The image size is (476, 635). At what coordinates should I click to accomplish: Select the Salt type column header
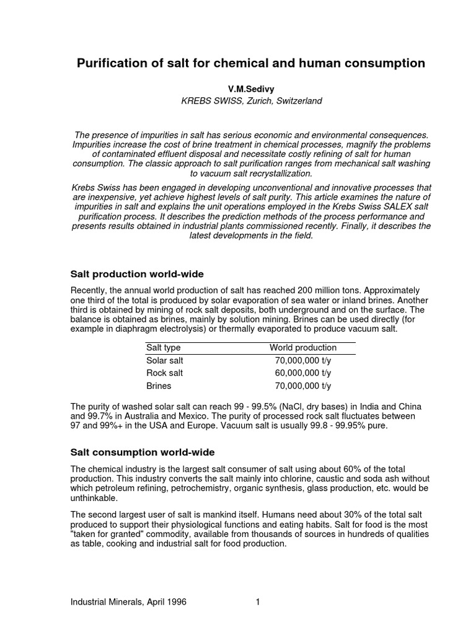(x=164, y=348)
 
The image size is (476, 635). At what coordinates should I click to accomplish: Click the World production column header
(x=302, y=348)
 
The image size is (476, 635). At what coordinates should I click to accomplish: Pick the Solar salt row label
(x=165, y=360)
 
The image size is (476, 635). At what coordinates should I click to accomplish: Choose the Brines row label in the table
(x=158, y=386)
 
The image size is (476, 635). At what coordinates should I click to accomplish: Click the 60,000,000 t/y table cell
(x=303, y=373)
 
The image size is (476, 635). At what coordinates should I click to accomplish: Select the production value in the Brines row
(x=303, y=386)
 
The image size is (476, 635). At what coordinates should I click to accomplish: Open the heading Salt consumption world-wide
(x=142, y=452)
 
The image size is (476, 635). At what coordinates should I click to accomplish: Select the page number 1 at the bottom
(x=257, y=602)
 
